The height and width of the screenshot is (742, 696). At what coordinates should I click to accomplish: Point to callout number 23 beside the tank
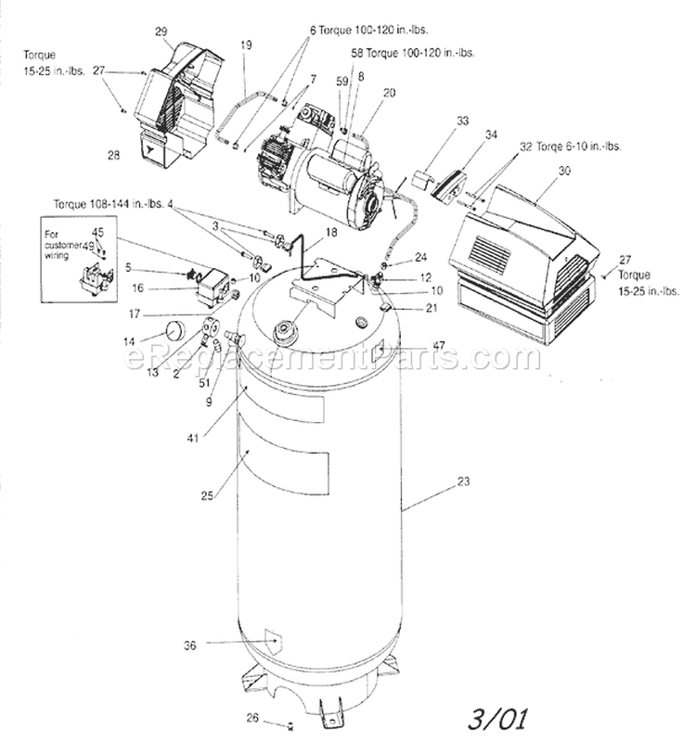(x=464, y=481)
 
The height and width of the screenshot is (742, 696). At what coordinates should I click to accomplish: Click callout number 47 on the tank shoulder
(x=439, y=345)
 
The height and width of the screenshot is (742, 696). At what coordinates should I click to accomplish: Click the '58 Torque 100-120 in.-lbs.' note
(x=413, y=53)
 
